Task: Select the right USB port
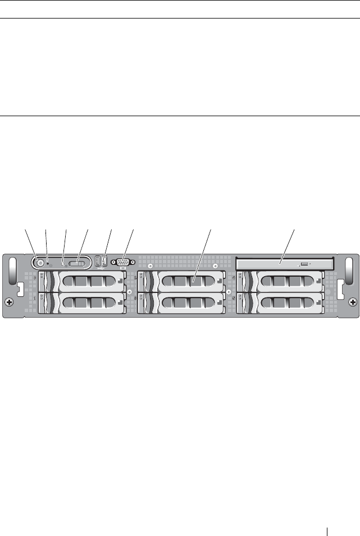104,260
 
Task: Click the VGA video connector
122,261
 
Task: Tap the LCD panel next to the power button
79,263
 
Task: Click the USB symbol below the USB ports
102,268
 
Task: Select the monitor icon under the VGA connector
122,268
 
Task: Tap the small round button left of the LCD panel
63,262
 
